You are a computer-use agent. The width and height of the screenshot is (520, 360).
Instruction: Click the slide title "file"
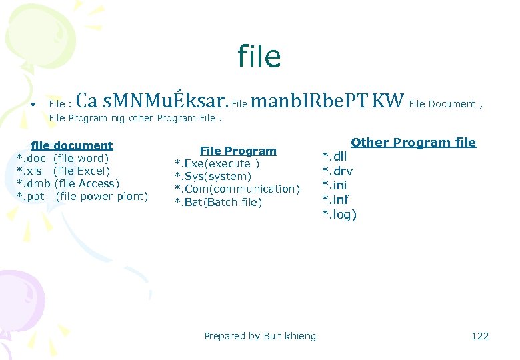click(259, 57)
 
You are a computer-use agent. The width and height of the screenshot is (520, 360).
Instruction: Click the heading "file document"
click(72, 145)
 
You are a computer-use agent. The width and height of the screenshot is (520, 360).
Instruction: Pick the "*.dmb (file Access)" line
click(67, 183)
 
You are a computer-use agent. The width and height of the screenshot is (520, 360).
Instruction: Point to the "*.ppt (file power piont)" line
click(82, 196)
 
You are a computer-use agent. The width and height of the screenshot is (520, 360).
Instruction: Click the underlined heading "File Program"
click(238, 151)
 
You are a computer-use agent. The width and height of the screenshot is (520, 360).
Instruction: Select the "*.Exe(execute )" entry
click(217, 164)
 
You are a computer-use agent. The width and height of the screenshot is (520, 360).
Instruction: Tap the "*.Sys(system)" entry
click(213, 177)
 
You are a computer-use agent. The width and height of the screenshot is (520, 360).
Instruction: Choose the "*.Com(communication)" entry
click(237, 189)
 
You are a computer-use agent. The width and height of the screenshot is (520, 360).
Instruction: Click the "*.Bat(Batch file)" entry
click(218, 202)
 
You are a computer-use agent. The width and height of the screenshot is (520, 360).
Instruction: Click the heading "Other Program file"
click(413, 142)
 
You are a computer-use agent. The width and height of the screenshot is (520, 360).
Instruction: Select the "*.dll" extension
click(336, 156)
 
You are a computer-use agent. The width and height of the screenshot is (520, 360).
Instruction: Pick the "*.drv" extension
click(337, 171)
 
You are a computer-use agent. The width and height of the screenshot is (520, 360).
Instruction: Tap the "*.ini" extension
click(335, 185)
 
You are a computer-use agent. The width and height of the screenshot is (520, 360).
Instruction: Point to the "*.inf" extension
click(335, 199)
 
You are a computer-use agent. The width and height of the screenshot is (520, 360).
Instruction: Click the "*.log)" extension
click(339, 214)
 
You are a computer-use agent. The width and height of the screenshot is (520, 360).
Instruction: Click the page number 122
click(480, 336)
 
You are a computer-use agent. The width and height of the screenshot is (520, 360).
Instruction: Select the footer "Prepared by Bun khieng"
click(260, 336)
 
